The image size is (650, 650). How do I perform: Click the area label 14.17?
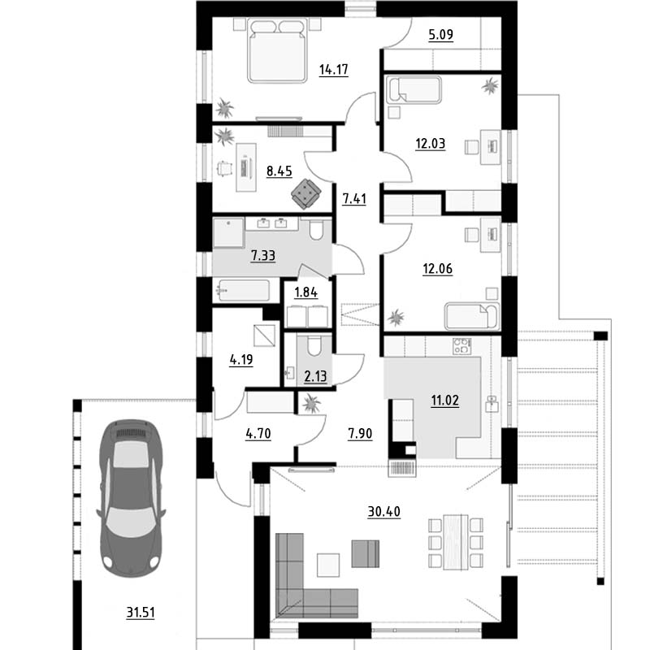tap(333, 70)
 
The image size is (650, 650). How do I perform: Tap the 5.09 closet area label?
tap(440, 34)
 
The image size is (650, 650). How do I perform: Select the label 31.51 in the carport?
tap(141, 612)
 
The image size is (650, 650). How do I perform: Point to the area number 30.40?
tap(383, 512)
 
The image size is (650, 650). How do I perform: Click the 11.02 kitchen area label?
tap(444, 401)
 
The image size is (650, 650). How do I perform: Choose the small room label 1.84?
tap(306, 292)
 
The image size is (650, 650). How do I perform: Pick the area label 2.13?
tap(315, 376)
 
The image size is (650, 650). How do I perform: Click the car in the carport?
tap(131, 498)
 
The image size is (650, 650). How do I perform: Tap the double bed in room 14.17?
tap(277, 50)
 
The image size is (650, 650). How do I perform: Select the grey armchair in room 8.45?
tap(306, 194)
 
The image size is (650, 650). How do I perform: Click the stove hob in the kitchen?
tap(461, 346)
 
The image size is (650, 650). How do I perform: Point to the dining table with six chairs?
tap(456, 542)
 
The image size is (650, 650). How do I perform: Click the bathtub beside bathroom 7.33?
tap(243, 291)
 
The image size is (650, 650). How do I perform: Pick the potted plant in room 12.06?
tap(396, 317)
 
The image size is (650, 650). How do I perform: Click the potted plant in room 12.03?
tap(491, 86)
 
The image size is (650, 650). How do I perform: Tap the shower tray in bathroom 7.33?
tap(228, 233)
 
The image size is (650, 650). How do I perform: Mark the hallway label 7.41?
tap(354, 199)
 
